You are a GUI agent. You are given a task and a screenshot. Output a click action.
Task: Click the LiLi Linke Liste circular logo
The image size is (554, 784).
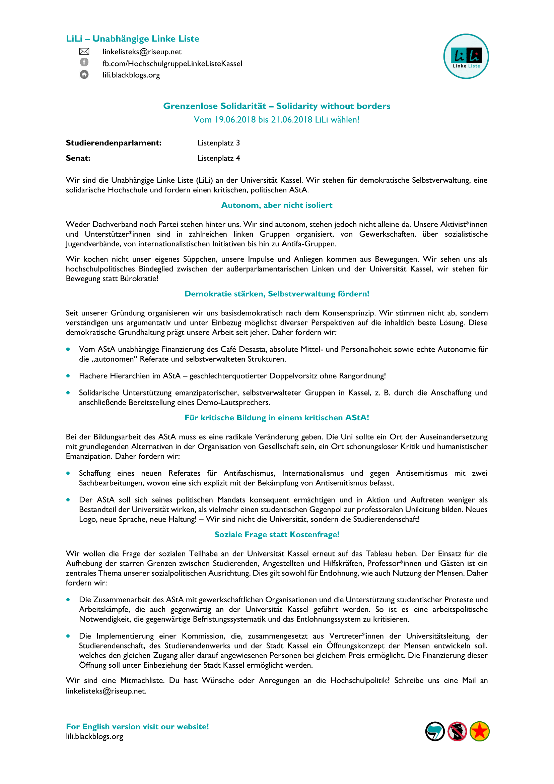(466, 56)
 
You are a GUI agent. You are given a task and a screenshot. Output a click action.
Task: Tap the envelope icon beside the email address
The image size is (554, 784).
(84, 52)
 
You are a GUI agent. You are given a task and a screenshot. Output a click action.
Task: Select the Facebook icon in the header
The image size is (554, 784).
(84, 62)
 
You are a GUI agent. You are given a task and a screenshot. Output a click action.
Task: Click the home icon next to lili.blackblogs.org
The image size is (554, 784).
(84, 74)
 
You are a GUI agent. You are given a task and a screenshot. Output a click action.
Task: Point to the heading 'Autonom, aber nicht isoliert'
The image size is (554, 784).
(276, 205)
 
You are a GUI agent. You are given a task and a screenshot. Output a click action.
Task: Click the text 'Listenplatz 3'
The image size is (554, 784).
(218, 143)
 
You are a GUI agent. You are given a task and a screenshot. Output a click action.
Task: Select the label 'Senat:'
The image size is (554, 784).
(78, 158)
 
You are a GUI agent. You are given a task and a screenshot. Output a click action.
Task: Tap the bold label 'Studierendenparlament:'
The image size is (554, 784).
(114, 143)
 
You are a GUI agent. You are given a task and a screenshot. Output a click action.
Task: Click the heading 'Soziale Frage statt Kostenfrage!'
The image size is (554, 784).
(276, 534)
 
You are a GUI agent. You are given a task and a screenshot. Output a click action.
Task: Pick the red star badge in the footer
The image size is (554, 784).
(479, 731)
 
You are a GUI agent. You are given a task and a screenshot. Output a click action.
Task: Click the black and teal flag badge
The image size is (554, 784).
(435, 731)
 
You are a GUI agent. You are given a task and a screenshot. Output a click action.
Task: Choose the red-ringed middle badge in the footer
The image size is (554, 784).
(457, 731)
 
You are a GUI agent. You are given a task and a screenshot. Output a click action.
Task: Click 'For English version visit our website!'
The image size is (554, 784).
(137, 727)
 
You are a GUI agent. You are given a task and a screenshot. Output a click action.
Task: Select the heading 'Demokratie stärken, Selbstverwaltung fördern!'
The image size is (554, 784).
(276, 294)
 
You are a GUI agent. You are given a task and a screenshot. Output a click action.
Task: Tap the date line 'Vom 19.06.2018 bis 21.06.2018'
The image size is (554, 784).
(276, 120)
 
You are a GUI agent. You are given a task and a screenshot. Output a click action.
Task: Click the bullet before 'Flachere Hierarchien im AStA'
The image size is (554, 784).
(68, 376)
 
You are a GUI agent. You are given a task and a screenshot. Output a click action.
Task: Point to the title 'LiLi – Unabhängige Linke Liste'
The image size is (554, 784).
(132, 39)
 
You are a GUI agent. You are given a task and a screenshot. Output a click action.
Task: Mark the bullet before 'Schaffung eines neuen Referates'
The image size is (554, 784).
(68, 473)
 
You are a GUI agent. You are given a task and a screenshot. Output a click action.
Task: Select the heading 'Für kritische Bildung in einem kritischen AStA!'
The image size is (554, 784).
(276, 418)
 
